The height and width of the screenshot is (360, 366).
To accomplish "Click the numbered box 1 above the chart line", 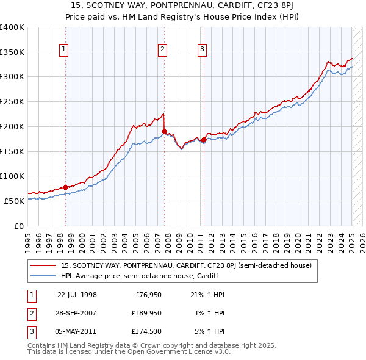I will tap(64, 50).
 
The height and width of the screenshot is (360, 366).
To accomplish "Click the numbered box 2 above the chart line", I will tap(163, 50).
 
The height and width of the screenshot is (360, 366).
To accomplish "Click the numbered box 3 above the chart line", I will tap(202, 50).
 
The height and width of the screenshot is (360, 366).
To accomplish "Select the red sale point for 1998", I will tap(66, 187).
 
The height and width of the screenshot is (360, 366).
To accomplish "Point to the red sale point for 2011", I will tap(204, 139).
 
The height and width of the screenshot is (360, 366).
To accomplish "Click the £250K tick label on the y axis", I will tap(12, 102).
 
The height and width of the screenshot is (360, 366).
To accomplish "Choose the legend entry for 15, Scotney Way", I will tap(186, 265).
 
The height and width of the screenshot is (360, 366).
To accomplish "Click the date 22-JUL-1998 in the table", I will tap(77, 295).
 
